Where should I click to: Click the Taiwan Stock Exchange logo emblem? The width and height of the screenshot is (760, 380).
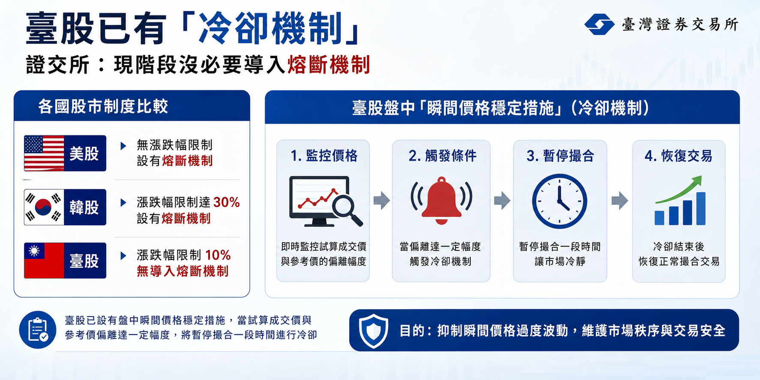(x=599, y=24)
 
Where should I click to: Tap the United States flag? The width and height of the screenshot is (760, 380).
(x=44, y=153)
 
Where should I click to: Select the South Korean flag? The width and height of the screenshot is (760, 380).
(x=44, y=207)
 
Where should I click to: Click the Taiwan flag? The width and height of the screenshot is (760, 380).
(x=44, y=260)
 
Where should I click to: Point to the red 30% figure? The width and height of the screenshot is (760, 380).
(x=226, y=202)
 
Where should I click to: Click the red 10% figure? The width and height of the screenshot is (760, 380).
(x=218, y=255)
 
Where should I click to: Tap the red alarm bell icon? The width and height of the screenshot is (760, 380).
(x=441, y=200)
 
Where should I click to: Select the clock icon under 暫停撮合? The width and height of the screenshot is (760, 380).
(x=560, y=201)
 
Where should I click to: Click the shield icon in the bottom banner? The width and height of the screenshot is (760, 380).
(x=374, y=331)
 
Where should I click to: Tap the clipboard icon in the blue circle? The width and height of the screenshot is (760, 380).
(x=38, y=330)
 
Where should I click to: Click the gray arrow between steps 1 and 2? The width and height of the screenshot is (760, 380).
(x=382, y=200)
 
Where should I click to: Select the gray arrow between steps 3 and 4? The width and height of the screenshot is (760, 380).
(x=619, y=200)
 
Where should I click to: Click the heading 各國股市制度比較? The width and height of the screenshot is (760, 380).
(x=103, y=106)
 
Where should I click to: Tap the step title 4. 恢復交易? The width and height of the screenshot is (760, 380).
(x=679, y=156)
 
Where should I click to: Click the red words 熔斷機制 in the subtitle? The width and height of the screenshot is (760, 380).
(x=329, y=65)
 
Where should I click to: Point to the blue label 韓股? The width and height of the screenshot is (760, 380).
(x=84, y=207)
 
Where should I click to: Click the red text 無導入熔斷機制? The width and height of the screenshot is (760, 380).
(x=183, y=271)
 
